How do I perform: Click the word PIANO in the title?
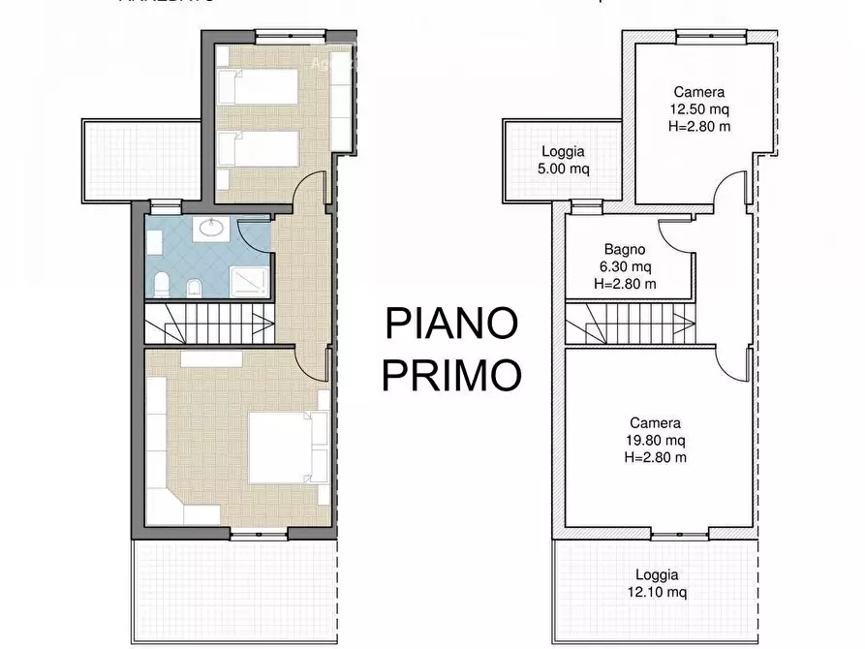coord(450,324)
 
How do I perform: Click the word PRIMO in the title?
coord(450,374)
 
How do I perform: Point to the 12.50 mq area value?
coord(699,109)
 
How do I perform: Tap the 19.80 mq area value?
coord(656,441)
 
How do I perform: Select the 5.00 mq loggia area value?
coord(562,169)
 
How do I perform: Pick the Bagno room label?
coord(625,249)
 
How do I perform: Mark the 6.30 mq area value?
coord(625,266)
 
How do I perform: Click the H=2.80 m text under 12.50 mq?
coord(699,127)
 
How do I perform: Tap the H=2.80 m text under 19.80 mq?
coord(656,458)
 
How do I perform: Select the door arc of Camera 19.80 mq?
coord(734,363)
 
